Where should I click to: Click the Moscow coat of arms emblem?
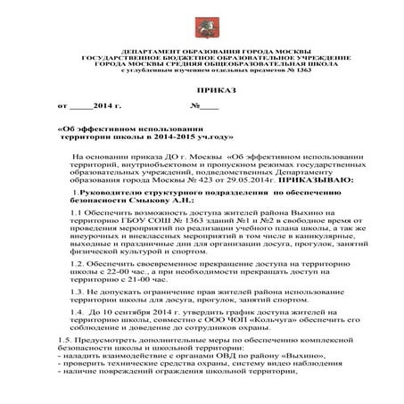[202, 29]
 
